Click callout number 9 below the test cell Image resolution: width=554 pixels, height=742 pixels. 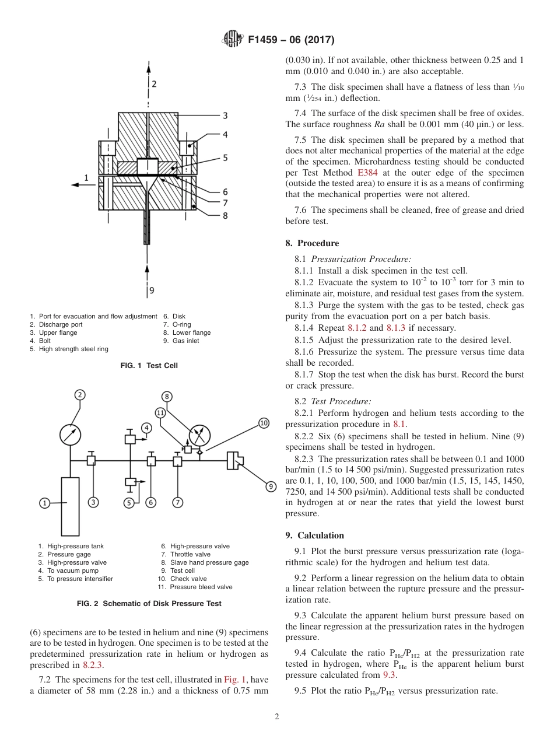click(152, 290)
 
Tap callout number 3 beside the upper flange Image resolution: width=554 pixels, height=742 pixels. click(225, 116)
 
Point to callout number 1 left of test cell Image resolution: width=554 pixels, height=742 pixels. click(86, 177)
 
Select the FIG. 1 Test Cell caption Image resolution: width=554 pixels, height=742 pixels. click(149, 366)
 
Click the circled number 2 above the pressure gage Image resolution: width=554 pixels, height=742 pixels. click(80, 395)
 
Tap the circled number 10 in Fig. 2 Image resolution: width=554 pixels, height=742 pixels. click(264, 423)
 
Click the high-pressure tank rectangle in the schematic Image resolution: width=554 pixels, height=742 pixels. click(70, 506)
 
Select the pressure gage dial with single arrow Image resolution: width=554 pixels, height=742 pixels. click(71, 435)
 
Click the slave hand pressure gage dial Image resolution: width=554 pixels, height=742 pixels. click(199, 435)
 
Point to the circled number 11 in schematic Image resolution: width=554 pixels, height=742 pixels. click(161, 413)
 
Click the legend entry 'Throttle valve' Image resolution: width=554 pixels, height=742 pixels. click(190, 554)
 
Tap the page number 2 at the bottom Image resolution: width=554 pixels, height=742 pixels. click(277, 717)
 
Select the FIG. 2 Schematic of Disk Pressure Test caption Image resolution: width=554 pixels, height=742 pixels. click(149, 604)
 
